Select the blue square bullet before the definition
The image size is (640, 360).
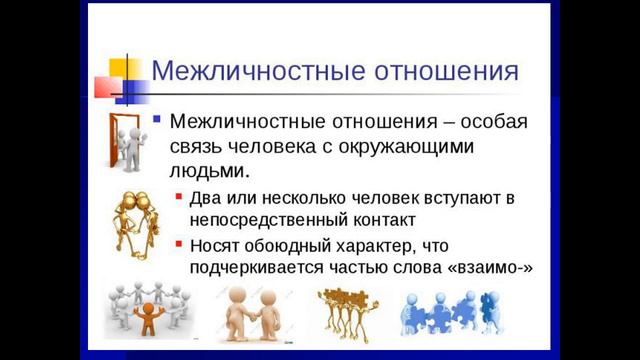(x=156, y=119)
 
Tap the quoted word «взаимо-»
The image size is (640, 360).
(x=487, y=267)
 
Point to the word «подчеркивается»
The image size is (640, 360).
(x=258, y=267)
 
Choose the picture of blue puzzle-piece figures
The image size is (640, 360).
(x=450, y=312)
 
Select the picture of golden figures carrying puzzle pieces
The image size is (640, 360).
(x=347, y=313)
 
